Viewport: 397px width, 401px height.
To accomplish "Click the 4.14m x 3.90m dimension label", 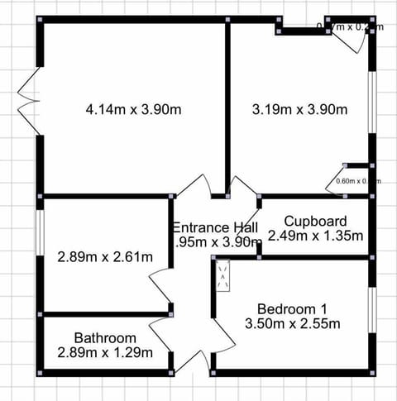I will tap(133, 108).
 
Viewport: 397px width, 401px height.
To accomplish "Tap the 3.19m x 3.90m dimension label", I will tap(299, 108).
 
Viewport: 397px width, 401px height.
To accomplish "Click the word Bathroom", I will tap(105, 338).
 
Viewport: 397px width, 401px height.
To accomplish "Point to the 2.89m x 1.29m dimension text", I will tap(105, 352).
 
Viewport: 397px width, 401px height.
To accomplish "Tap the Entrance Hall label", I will tap(215, 227).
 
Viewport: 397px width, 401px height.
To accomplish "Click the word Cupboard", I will tap(315, 221).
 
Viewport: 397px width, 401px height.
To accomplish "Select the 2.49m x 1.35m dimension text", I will tap(315, 236).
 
